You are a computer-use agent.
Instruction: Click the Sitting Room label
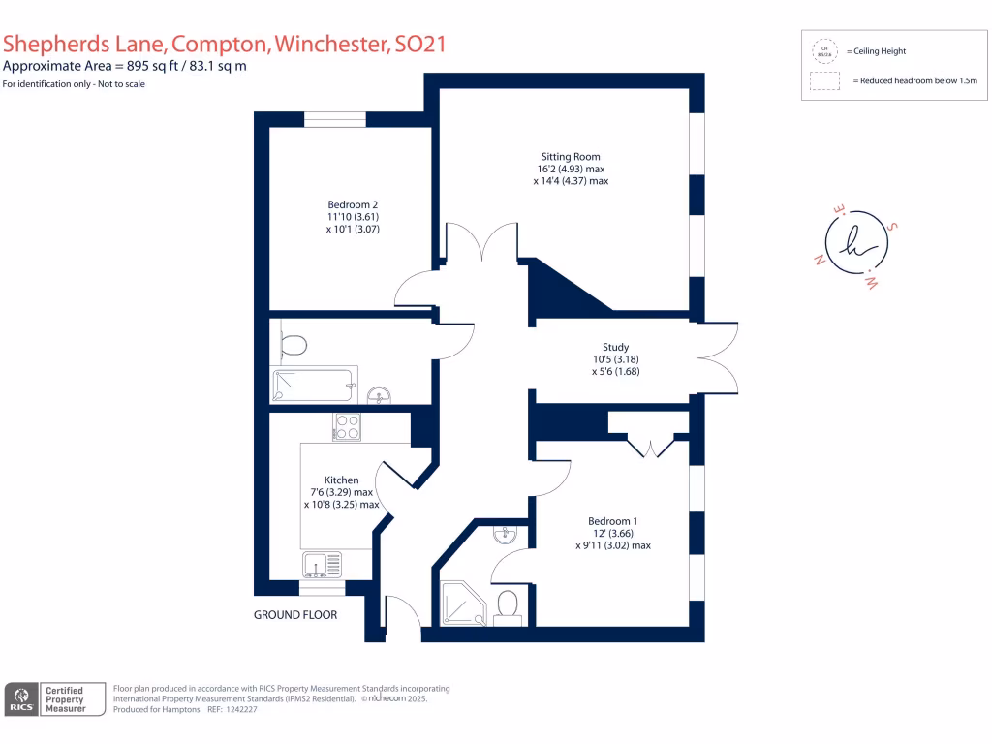(x=571, y=156)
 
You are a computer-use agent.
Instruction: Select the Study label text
(x=615, y=347)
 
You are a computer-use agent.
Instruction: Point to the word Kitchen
(x=342, y=480)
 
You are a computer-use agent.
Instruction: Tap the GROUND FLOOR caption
(x=295, y=615)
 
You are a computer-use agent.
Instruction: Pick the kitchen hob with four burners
(x=347, y=427)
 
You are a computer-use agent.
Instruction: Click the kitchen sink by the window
(x=322, y=564)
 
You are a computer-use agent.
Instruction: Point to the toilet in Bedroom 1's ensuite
(x=506, y=605)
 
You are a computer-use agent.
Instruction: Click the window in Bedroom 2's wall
(x=335, y=119)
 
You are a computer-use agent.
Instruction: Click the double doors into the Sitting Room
(x=480, y=242)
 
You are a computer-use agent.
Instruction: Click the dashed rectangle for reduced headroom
(x=824, y=80)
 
